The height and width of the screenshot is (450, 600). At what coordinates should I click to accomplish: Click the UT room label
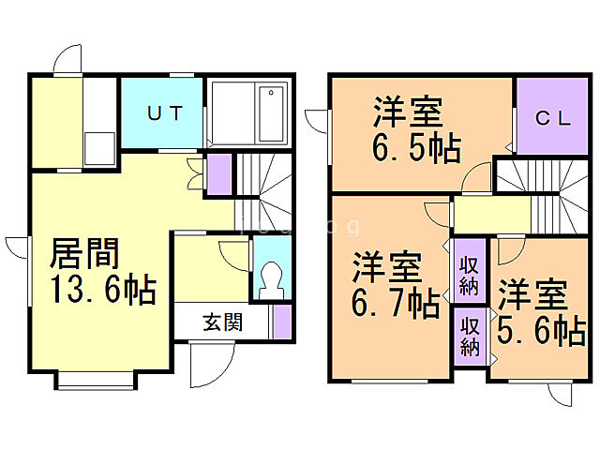coord(161,113)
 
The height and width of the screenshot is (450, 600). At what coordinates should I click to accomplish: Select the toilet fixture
coord(270,278)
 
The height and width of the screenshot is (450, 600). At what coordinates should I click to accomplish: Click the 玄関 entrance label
coord(222,322)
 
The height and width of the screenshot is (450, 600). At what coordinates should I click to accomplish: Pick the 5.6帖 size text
coord(541,330)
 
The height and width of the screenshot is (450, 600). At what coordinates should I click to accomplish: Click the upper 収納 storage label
coord(470,269)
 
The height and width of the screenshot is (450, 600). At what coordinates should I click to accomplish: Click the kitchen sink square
coord(98,148)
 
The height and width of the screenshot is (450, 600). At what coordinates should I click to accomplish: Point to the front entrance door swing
coord(203,366)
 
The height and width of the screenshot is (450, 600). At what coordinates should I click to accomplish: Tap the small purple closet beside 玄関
coord(281,322)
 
